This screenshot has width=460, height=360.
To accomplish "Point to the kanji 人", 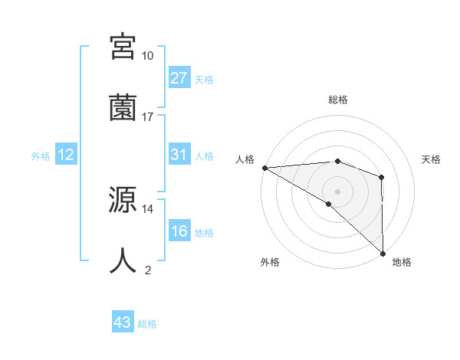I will [123, 260].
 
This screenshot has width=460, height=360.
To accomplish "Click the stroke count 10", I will [148, 56].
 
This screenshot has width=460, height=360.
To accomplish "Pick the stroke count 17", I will [148, 116].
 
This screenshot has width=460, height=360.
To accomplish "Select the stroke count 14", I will [148, 208].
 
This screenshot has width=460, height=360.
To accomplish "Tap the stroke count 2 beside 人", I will [148, 270].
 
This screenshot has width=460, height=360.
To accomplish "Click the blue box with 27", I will [179, 78].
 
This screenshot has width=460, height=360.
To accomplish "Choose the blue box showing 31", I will [179, 155].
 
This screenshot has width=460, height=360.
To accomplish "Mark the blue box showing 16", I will [179, 231].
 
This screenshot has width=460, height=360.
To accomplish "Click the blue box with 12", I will [66, 155].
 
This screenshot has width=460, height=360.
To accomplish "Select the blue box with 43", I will [123, 323].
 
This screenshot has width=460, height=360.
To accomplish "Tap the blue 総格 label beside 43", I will [148, 324].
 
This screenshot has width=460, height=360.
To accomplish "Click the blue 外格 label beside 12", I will [41, 155].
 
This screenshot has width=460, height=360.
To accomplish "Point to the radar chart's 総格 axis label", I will [337, 100].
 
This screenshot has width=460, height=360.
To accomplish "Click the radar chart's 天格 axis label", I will [432, 159].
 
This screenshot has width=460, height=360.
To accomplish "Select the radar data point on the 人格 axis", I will [264, 167].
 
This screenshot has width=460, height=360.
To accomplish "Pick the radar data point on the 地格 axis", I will [383, 253].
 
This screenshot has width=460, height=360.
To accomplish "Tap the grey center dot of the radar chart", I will [337, 191].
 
